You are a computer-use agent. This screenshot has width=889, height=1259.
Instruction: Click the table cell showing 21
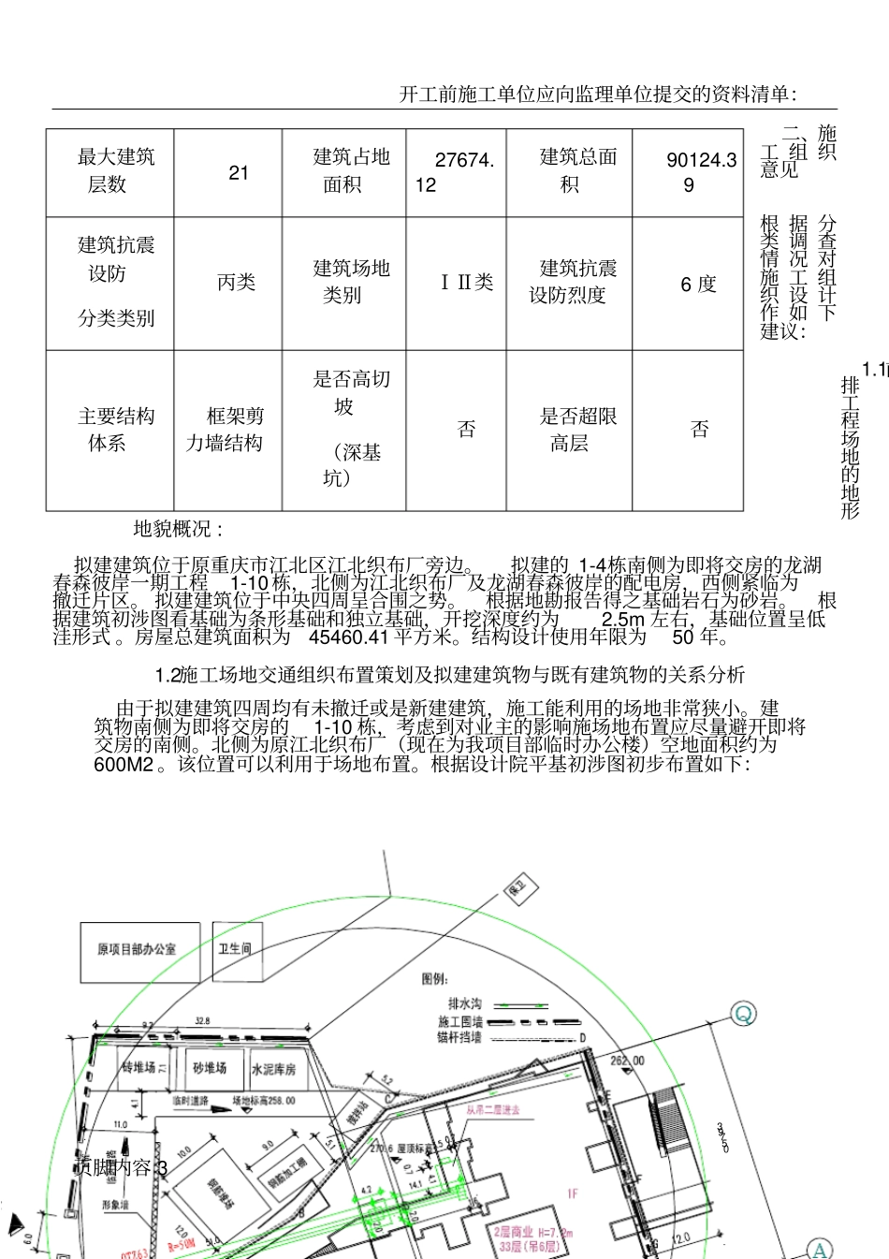pos(239,172)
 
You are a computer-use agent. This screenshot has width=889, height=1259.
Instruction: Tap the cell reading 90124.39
pos(700,172)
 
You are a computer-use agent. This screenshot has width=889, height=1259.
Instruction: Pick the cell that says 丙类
pos(236,283)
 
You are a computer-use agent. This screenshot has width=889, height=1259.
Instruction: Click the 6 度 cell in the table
pos(698,284)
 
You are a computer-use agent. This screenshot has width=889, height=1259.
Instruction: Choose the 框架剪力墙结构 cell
pos(226,430)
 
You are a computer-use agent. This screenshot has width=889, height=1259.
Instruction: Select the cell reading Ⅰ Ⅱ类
pos(467,283)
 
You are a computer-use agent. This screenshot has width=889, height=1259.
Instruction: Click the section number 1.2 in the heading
pos(167,675)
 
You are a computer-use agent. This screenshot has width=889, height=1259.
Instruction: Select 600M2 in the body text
pos(123,764)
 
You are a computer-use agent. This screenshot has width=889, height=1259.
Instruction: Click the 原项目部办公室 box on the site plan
pos(137,949)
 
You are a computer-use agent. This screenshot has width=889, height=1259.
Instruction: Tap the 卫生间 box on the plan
pos(234,948)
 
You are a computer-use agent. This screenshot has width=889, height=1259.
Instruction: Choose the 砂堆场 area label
pos(210,1067)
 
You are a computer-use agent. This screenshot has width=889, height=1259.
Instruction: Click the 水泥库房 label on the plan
pos(273,1068)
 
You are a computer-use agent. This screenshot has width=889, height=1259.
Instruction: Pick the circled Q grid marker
pos(743,1014)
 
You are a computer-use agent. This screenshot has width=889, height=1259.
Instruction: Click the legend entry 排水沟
pos(465,1003)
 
